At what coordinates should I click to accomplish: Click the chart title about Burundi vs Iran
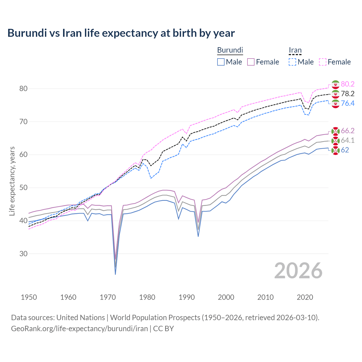[x=121, y=33]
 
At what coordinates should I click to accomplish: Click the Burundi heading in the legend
[x=230, y=50]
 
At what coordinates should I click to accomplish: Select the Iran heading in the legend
[x=295, y=50]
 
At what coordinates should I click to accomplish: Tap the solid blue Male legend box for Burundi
[x=221, y=62]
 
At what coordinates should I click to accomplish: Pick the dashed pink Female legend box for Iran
[x=323, y=62]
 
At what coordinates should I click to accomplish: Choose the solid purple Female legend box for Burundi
[x=251, y=62]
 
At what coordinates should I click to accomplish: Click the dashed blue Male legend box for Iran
[x=292, y=62]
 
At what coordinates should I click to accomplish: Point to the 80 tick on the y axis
[x=23, y=89]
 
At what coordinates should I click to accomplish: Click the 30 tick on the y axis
[x=23, y=254]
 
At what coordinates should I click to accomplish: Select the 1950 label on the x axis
[x=29, y=297]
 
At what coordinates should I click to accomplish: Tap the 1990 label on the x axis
[x=187, y=297]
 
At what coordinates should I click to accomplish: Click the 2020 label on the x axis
[x=305, y=297]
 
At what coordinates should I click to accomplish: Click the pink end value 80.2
[x=348, y=84]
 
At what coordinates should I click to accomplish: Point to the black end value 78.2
[x=348, y=94]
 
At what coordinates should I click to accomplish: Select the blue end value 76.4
[x=348, y=103]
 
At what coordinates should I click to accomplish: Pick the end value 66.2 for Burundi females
[x=348, y=131]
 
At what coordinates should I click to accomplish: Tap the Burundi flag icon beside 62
[x=335, y=150]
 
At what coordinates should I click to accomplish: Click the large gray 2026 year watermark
[x=298, y=271]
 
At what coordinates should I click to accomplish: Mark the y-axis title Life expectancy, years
[x=12, y=181]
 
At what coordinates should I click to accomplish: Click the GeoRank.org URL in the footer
[x=79, y=329]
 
